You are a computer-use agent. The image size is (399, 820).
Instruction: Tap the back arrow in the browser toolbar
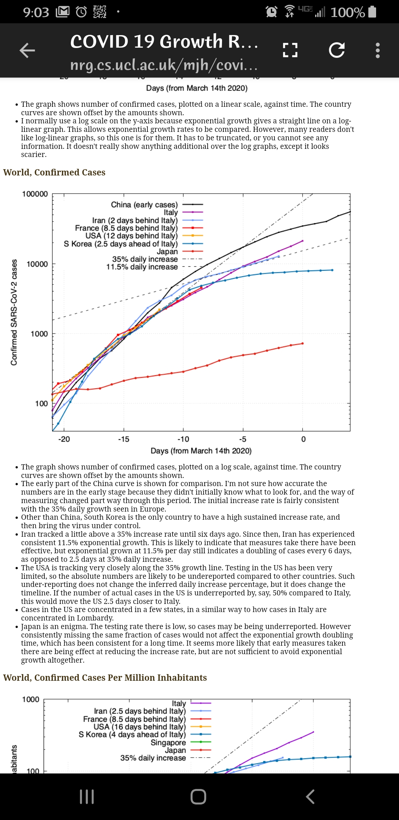(27, 50)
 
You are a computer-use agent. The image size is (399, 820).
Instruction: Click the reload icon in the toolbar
(337, 50)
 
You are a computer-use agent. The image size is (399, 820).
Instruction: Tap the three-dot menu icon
(378, 50)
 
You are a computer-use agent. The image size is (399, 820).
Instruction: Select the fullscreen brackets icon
(290, 50)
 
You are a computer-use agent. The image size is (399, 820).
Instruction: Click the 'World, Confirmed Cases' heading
(54, 172)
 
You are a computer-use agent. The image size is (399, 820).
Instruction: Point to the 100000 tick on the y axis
(35, 194)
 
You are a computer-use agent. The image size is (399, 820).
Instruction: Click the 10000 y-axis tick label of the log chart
(37, 264)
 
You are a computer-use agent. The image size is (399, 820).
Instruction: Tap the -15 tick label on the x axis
(124, 439)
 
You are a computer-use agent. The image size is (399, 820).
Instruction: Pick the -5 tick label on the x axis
(243, 439)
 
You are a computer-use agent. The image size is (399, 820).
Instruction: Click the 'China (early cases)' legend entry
(144, 205)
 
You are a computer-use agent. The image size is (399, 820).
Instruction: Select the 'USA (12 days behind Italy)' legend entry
(132, 236)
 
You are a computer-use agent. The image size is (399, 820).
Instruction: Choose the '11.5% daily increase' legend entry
(142, 267)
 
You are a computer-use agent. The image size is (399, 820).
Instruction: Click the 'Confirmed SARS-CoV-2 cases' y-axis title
(14, 312)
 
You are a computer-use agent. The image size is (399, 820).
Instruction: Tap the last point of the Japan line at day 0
(303, 344)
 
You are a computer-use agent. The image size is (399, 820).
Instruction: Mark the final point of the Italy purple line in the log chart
(303, 241)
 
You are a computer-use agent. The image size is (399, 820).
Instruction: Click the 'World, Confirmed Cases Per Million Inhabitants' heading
(105, 678)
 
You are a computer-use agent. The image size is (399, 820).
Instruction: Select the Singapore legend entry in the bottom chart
(168, 742)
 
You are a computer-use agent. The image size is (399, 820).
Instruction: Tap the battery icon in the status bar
(372, 12)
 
